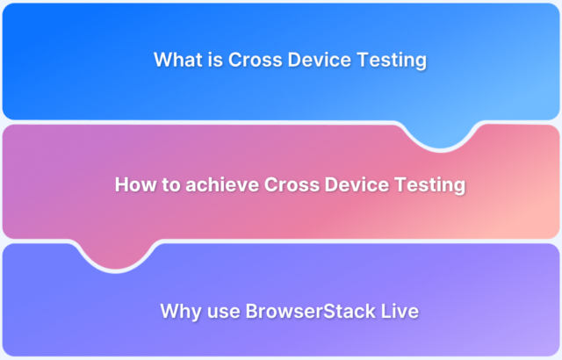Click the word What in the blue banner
175,61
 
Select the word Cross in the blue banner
249,61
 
